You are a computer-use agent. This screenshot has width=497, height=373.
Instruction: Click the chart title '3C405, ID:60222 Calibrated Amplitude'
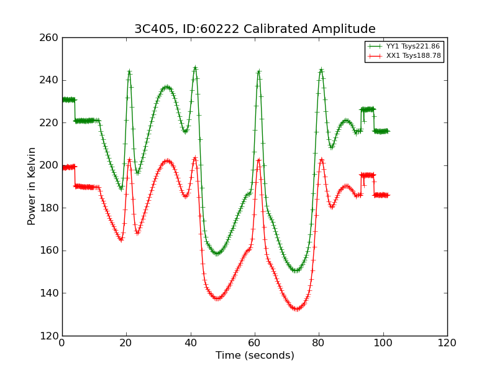pos(255,29)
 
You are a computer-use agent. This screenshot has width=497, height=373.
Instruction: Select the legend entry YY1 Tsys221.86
pos(413,47)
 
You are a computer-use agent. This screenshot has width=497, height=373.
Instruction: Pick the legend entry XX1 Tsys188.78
pos(413,56)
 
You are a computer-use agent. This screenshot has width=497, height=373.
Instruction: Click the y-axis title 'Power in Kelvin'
pos(32,186)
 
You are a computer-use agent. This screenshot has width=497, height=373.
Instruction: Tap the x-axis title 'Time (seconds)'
pos(255,356)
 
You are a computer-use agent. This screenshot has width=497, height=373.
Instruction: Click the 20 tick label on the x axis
pos(126,343)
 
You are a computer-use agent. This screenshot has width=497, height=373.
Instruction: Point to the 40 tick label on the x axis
pos(191,343)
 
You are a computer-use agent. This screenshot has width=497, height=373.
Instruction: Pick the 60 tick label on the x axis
pos(255,343)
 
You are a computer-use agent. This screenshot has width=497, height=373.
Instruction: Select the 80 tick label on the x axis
pos(319,343)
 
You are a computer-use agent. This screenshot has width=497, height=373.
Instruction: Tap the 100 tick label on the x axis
pos(383,343)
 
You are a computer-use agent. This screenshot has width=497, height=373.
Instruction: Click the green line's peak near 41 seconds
pos(195,67)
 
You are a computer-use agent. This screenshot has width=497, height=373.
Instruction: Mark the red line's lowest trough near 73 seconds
pos(297,309)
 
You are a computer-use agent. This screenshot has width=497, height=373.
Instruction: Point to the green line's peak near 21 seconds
pos(129,71)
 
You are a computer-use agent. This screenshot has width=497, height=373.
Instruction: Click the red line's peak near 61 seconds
pos(258,160)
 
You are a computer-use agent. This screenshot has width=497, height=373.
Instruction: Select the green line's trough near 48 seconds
pos(217,254)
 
